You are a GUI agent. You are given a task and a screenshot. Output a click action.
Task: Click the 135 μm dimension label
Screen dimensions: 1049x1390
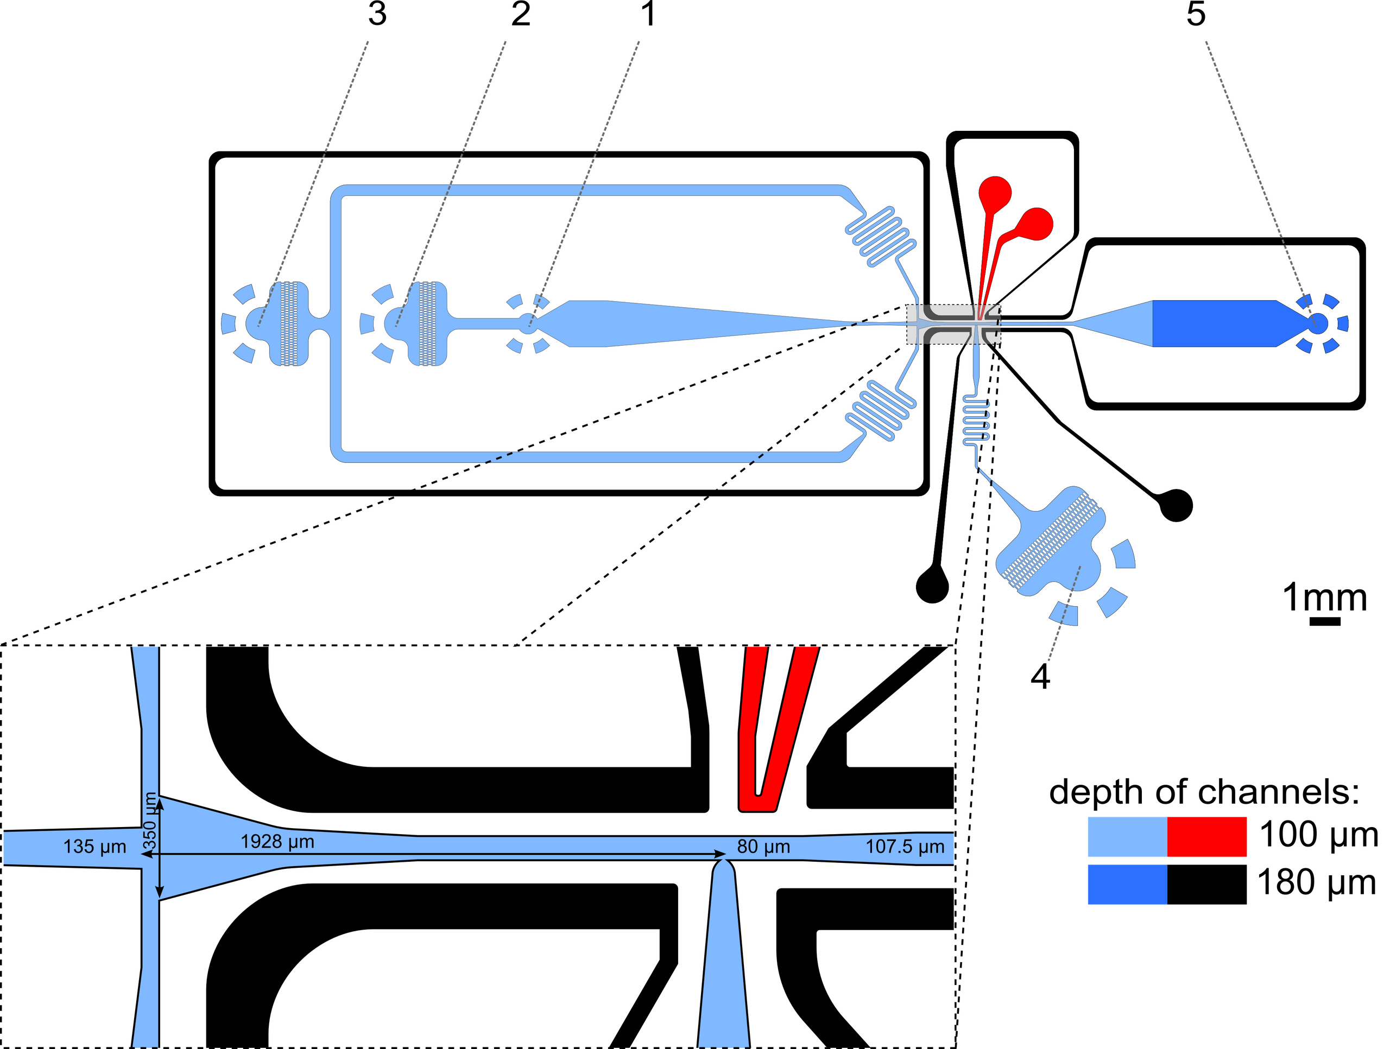[94, 847]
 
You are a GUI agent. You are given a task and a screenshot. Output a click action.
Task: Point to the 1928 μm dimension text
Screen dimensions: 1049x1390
[277, 842]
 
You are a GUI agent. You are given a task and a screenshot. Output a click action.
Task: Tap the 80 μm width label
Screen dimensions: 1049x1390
[763, 847]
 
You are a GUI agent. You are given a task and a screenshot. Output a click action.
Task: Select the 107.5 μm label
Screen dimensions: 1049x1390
[905, 847]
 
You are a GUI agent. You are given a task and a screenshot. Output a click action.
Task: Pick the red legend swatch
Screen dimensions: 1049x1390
[1207, 837]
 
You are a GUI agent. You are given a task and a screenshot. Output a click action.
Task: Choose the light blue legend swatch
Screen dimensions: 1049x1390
[1126, 837]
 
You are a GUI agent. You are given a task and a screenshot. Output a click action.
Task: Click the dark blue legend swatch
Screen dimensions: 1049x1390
[1126, 885]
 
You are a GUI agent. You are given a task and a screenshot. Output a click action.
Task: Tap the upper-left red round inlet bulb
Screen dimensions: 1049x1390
[995, 190]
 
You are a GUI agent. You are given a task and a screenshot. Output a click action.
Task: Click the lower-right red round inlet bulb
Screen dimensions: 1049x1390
[1035, 224]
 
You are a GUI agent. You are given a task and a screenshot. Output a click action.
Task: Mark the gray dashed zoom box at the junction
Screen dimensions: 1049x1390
[953, 324]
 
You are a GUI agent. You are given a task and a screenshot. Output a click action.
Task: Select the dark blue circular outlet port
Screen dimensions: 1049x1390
[1318, 323]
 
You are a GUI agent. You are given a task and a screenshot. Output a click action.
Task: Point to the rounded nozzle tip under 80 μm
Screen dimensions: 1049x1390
[724, 867]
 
